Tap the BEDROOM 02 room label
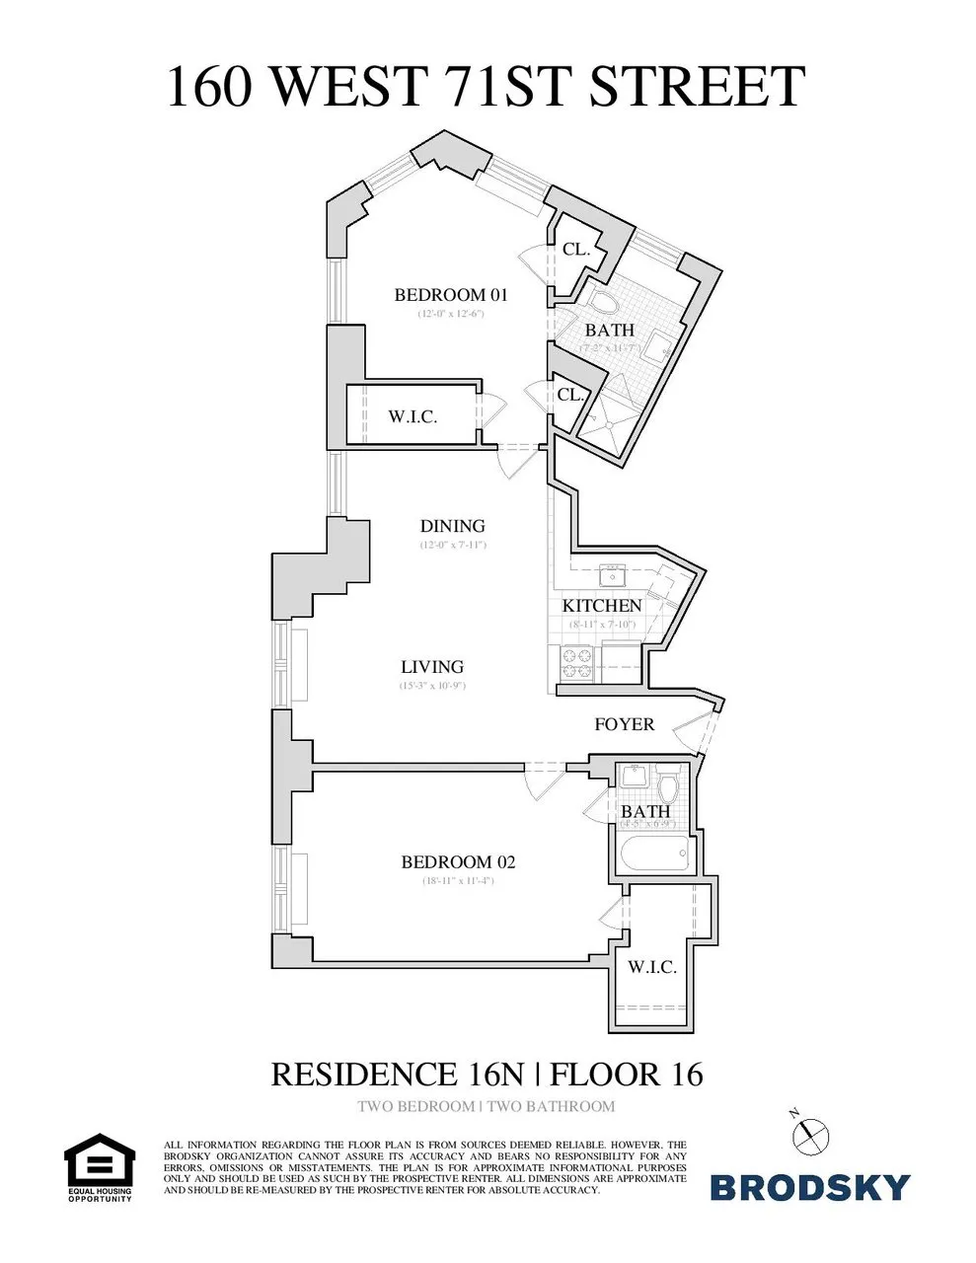pyautogui.click(x=458, y=862)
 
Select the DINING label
pyautogui.click(x=453, y=526)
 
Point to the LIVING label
pyautogui.click(x=432, y=667)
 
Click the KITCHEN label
pyautogui.click(x=602, y=605)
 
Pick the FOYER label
pyautogui.click(x=624, y=724)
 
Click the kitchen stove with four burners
pyautogui.click(x=574, y=663)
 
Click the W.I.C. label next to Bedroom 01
pyautogui.click(x=413, y=416)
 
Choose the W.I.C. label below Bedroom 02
pyautogui.click(x=652, y=967)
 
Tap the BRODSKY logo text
pyautogui.click(x=810, y=1187)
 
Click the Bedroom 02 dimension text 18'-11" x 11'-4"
pyautogui.click(x=458, y=881)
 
